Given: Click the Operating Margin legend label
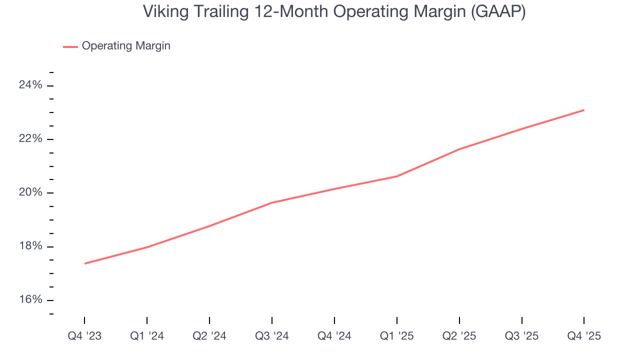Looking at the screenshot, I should tap(126, 46).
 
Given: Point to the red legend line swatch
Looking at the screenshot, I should tap(70, 46).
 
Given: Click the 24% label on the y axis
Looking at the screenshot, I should tap(30, 85).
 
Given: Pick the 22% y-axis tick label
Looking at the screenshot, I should tap(30, 139).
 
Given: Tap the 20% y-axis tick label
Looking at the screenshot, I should tap(30, 192).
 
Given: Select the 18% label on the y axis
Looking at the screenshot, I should tap(30, 246).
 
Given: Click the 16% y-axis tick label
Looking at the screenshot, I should tap(30, 299).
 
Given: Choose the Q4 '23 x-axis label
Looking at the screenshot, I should tap(84, 336).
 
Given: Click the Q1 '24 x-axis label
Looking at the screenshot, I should tap(147, 336).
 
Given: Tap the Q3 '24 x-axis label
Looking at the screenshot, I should tap(272, 336).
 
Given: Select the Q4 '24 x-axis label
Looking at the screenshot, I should tap(334, 336).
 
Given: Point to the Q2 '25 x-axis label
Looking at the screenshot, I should tap(459, 336).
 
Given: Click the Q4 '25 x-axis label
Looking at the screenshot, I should tap(584, 336).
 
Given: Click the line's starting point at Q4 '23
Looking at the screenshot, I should tap(85, 263).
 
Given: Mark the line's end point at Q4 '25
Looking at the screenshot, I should tap(584, 110).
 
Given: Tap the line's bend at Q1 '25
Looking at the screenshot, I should tap(397, 176).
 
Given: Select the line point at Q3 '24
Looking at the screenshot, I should tap(272, 202).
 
